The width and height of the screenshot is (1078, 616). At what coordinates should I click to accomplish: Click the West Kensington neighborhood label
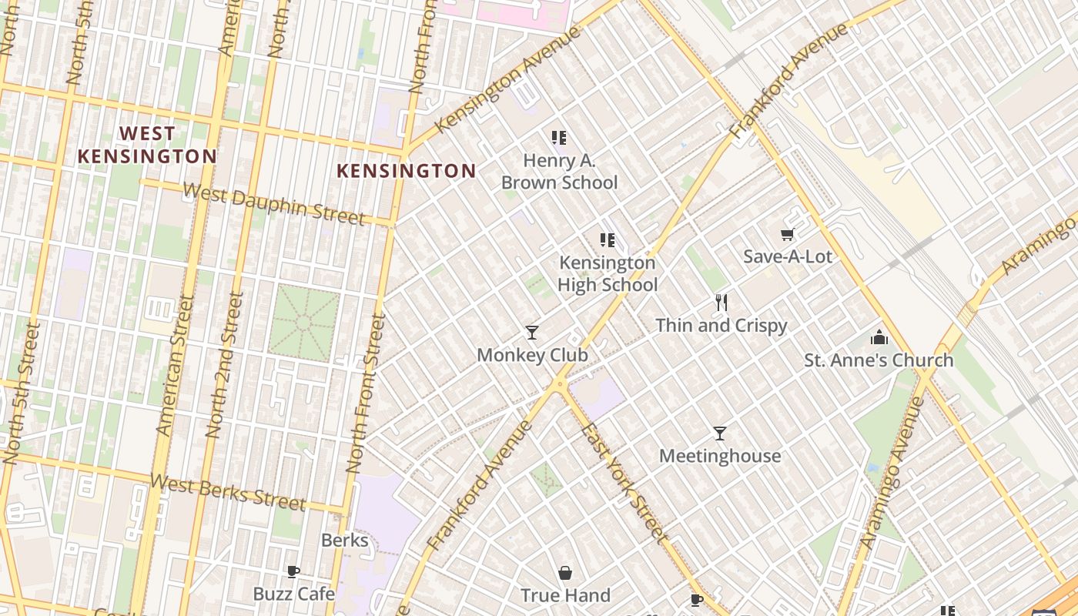(147, 145)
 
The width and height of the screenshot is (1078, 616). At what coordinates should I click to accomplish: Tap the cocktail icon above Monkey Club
(531, 333)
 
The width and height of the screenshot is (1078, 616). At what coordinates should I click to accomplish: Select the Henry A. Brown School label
(559, 172)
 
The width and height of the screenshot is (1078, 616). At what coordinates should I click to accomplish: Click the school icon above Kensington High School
(608, 240)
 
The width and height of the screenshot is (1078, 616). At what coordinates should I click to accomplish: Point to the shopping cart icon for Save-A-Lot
(787, 234)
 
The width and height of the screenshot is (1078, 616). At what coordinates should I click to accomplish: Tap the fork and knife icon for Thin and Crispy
(721, 303)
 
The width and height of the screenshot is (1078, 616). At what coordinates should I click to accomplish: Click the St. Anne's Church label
(879, 360)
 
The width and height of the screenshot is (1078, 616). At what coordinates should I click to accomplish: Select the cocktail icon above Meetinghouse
(719, 434)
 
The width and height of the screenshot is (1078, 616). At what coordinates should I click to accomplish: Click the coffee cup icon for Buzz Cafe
(293, 571)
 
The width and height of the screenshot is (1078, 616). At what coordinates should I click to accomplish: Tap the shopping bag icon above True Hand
(565, 573)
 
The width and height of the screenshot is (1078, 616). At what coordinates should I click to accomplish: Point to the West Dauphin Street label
(274, 204)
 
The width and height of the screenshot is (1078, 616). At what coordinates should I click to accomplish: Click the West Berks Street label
(228, 493)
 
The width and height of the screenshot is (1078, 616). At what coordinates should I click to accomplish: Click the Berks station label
(344, 541)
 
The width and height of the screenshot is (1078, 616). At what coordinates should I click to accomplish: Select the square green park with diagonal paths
(303, 323)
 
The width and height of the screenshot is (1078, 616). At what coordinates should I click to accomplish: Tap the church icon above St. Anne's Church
(879, 337)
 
